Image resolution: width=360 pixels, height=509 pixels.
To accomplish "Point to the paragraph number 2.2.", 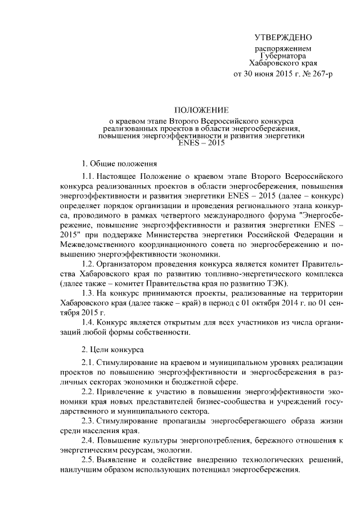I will [89, 392].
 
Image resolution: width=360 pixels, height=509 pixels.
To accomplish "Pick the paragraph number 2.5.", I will [89, 460].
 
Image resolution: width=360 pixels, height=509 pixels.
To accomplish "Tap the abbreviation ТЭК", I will [276, 282].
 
